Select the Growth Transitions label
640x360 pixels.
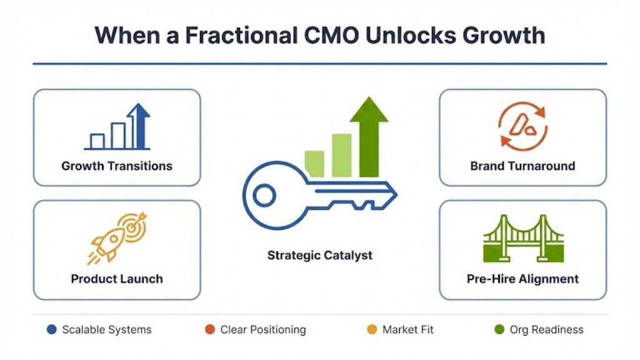coord(117,166)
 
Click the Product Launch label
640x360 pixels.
coord(117,279)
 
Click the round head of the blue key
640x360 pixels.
coord(264,196)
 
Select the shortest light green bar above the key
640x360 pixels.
coord(314,163)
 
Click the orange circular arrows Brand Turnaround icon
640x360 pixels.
coord(522,127)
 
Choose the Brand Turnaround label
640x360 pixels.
coord(522,166)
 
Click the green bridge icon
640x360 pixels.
coord(523,239)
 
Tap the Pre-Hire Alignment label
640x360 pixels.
coord(522,279)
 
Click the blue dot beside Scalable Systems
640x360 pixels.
coord(51,329)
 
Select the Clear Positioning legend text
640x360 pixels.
coord(263,329)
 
